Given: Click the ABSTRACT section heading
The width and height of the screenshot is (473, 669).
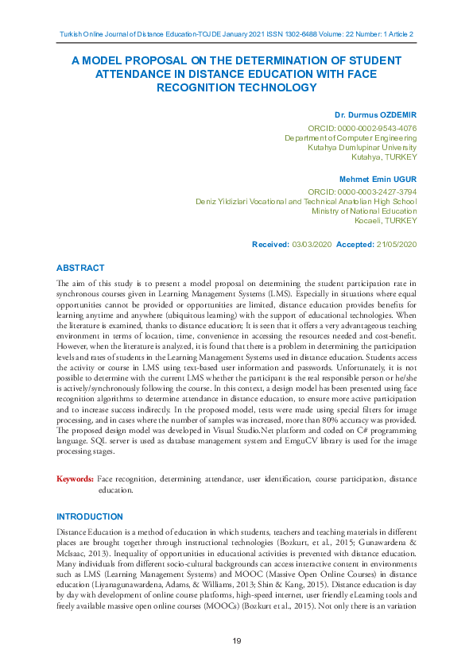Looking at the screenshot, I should (81, 268).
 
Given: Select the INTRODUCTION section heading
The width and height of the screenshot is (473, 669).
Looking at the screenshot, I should (89, 516).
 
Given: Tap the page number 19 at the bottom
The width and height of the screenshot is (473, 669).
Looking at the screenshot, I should (237, 641).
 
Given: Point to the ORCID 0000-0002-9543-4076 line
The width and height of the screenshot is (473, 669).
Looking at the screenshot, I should (362, 128).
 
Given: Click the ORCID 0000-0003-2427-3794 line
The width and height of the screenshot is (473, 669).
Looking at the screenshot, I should (362, 192).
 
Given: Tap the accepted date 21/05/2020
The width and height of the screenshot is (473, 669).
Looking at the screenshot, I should (396, 244).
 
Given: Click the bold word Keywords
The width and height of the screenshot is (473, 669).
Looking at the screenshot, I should (75, 479).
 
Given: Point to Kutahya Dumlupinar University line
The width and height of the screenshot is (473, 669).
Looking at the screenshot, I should (362, 147).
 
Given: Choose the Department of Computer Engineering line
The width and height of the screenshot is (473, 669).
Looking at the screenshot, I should (351, 137).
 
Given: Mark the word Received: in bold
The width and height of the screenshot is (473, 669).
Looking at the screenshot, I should (270, 244).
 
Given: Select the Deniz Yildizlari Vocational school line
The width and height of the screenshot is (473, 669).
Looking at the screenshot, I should (306, 202).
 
